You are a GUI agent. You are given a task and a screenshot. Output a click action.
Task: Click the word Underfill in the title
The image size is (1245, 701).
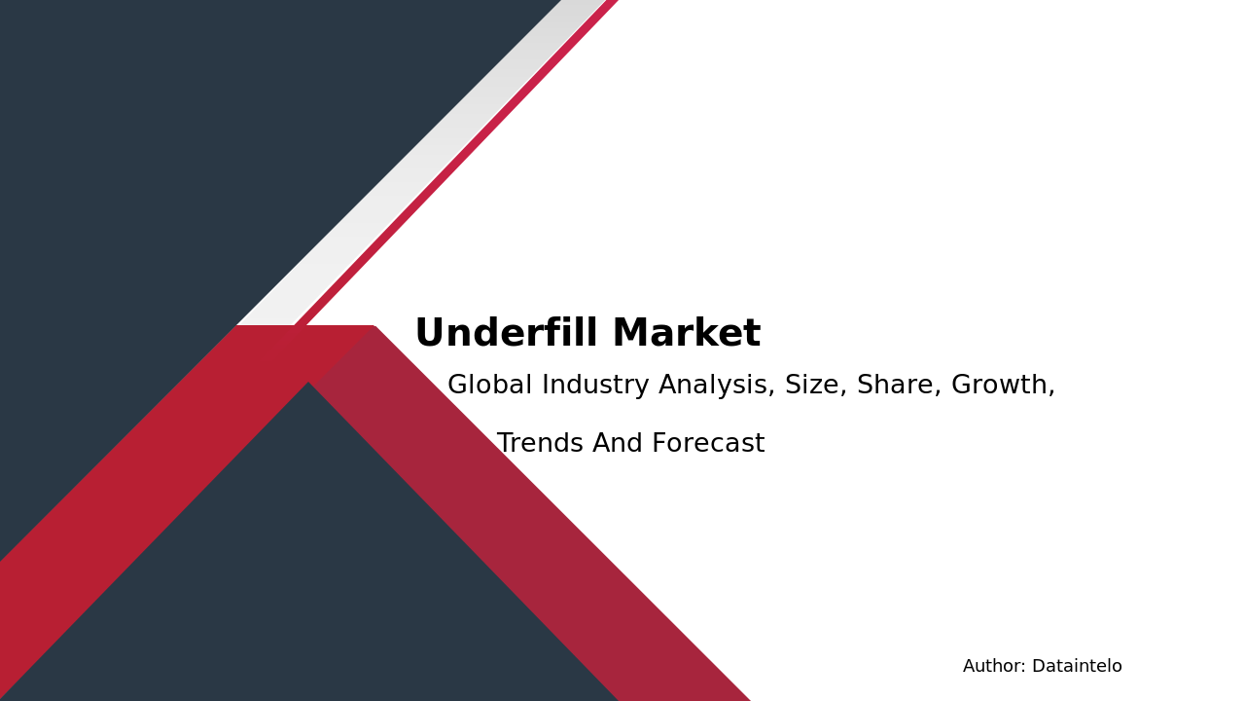(507, 332)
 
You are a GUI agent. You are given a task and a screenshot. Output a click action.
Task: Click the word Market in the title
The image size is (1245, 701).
(687, 333)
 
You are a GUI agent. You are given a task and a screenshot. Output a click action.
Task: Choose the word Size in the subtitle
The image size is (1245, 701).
(815, 385)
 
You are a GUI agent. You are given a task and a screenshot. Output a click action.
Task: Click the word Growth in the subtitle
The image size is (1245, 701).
(1000, 385)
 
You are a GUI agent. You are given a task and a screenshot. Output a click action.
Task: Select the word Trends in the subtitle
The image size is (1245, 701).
(540, 443)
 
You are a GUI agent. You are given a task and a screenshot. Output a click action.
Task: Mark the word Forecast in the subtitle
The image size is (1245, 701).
(708, 443)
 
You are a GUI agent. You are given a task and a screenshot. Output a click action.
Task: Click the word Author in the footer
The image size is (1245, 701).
(994, 666)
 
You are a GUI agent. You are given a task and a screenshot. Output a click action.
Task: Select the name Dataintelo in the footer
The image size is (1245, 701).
(1077, 666)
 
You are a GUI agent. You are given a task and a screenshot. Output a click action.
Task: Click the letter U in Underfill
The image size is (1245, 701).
(429, 332)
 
